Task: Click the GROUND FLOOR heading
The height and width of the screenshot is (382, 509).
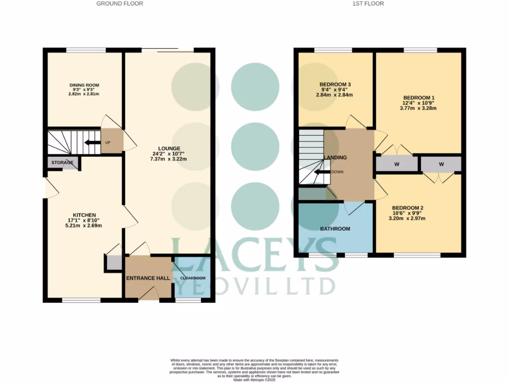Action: click(x=119, y=3)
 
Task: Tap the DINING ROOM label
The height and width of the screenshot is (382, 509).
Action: click(x=84, y=84)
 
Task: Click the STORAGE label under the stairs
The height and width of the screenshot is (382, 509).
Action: click(x=62, y=163)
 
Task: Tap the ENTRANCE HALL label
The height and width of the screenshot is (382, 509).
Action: click(x=148, y=278)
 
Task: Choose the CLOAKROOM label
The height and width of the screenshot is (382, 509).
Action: click(x=193, y=278)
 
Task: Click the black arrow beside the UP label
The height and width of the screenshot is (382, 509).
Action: click(x=90, y=143)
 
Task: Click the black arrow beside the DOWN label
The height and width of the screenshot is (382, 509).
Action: click(x=323, y=173)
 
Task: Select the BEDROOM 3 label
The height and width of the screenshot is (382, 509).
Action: click(x=335, y=84)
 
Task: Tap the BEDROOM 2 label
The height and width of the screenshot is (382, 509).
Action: click(x=408, y=208)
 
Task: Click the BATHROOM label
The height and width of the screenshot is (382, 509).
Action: click(x=335, y=229)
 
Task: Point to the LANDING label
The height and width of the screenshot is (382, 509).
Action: click(x=336, y=158)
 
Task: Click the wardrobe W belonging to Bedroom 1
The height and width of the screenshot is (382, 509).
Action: click(x=396, y=164)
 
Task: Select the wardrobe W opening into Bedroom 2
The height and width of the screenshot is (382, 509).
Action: click(x=441, y=164)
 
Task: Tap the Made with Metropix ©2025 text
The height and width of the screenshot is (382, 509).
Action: click(x=254, y=380)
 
